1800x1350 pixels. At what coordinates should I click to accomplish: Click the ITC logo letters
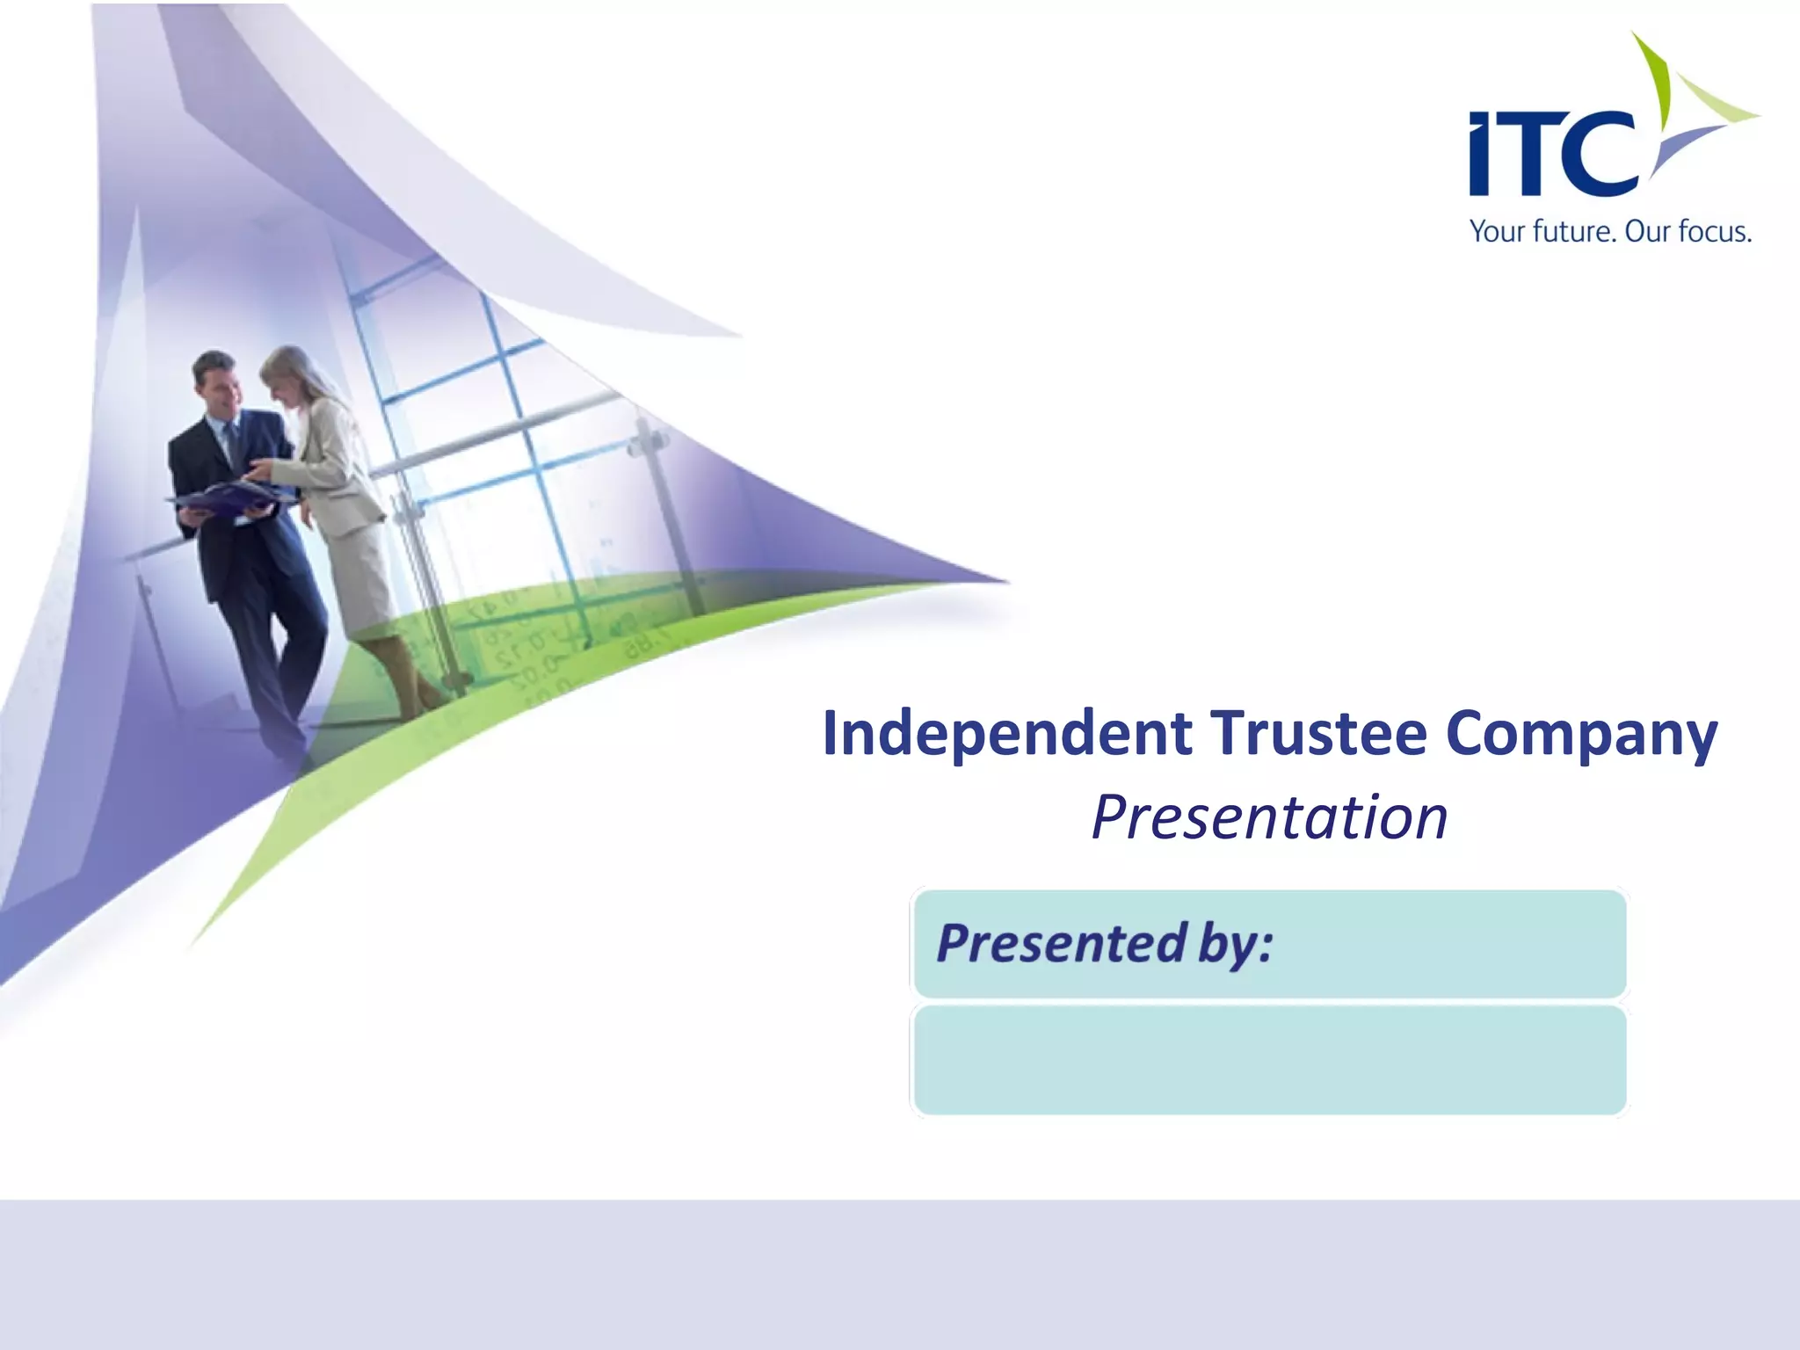pos(1551,154)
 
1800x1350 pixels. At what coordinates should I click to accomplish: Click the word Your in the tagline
pos(1499,232)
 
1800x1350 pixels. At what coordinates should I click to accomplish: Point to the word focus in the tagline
pos(1713,232)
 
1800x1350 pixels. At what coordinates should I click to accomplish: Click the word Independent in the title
pos(1007,734)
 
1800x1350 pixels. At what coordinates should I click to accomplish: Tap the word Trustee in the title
pos(1318,734)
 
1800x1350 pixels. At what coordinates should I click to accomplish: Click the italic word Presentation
pos(1269,817)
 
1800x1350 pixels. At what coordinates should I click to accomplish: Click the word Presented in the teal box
pos(1062,943)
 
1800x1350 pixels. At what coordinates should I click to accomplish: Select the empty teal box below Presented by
pos(1269,1061)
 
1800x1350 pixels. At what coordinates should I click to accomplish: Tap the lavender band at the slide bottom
pos(900,1274)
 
